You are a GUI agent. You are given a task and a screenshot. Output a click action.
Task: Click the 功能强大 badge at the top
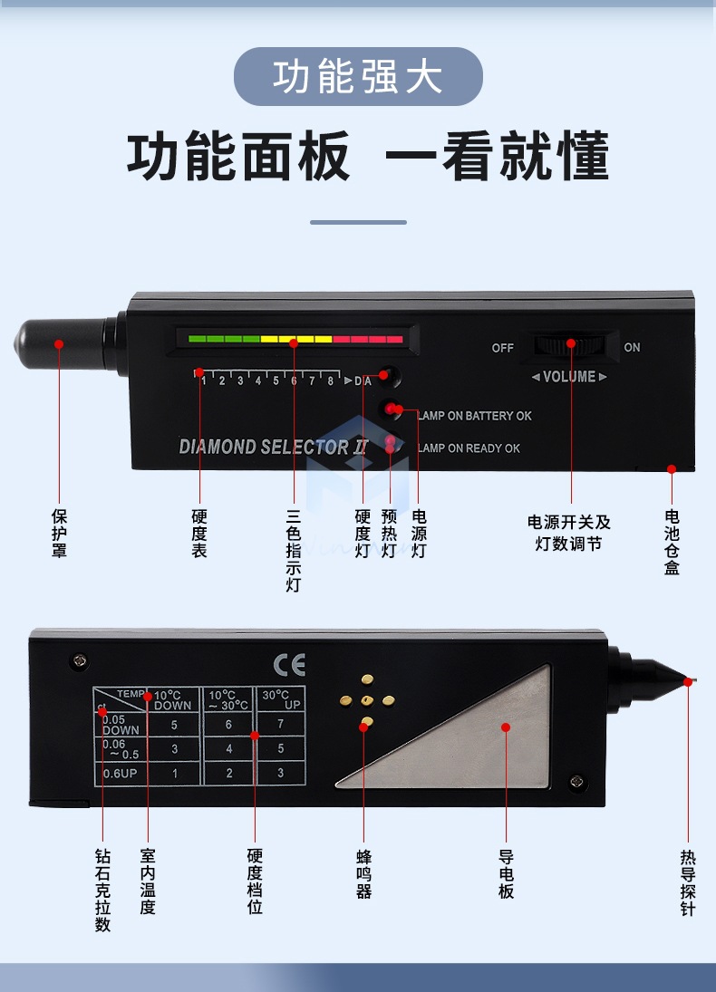358,77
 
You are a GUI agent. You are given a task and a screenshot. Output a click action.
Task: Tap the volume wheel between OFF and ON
570,346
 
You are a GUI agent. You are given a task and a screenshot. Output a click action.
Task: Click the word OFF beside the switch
502,348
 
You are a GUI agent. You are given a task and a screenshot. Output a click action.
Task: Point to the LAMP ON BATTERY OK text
475,416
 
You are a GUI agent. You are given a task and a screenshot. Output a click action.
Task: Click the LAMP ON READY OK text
469,448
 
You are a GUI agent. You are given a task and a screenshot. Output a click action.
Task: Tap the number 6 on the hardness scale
294,381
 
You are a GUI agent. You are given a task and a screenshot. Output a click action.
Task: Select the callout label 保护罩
59,534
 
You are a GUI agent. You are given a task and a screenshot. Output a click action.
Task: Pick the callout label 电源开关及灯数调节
569,534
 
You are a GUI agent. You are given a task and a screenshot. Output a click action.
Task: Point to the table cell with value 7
281,725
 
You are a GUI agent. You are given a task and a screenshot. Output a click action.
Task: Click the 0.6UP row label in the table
119,773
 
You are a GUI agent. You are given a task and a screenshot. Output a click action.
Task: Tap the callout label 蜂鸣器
363,873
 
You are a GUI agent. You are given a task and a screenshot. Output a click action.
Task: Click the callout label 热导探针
688,882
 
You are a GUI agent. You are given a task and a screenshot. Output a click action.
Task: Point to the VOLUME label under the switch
569,377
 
